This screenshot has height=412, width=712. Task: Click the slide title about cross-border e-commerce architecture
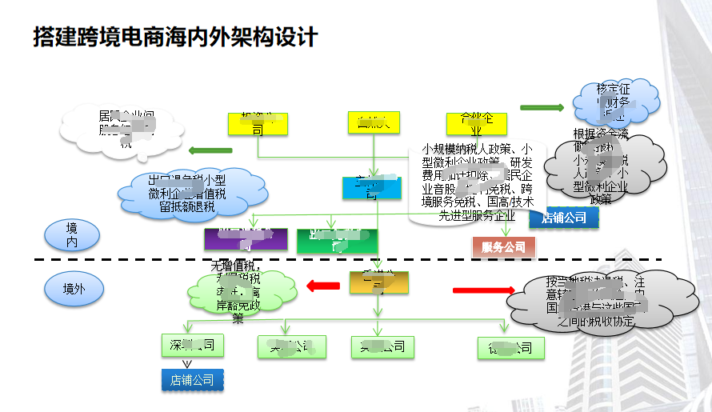coord(176,38)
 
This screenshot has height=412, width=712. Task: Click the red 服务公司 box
coord(504,247)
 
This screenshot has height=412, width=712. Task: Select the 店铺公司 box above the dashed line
coord(563,218)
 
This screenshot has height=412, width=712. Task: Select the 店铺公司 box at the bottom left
coord(192,379)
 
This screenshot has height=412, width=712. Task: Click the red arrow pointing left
coord(323,284)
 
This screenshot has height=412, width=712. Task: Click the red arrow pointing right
coord(484,290)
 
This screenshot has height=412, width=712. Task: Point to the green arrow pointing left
coord(209,150)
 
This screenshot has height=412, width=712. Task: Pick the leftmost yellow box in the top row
coord(258,123)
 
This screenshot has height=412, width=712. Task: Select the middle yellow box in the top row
coord(373,122)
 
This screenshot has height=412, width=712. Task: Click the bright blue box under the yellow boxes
coord(372,187)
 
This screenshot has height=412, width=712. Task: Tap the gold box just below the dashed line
coord(378,282)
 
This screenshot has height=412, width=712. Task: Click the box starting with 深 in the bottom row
coord(192,345)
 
